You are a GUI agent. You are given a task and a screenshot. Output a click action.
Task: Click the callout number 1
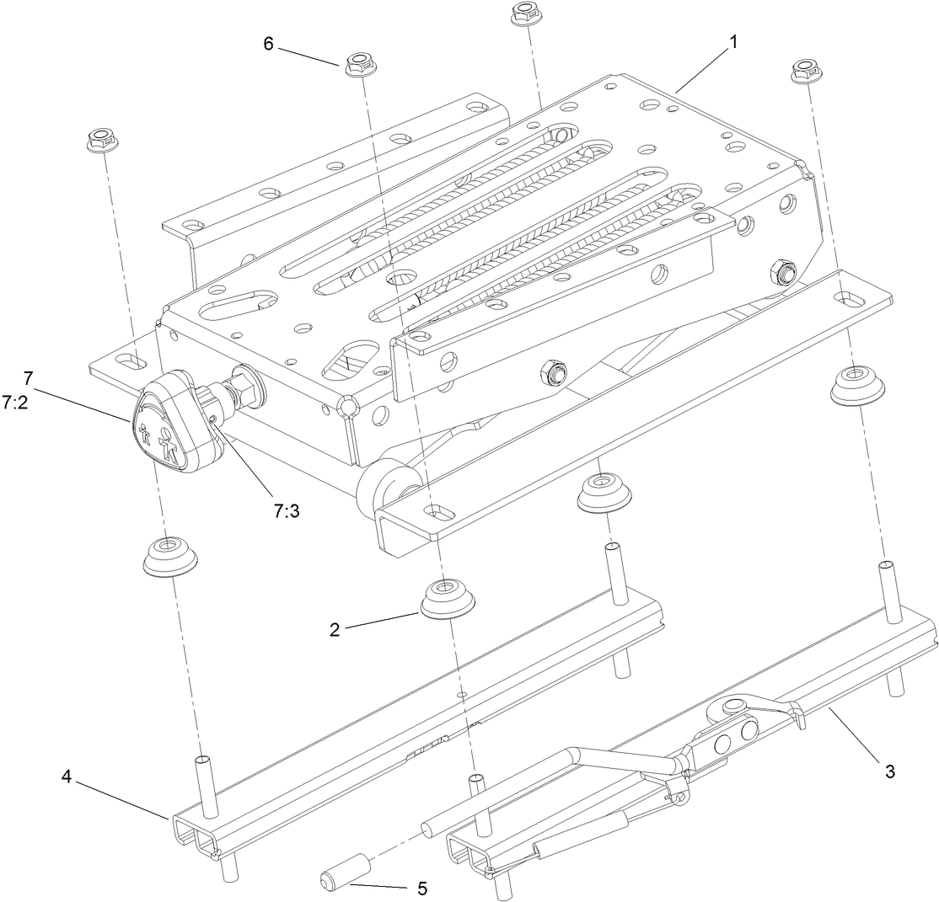732,42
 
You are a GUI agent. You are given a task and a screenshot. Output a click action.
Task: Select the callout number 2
335,630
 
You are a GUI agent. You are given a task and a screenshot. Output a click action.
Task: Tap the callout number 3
888,771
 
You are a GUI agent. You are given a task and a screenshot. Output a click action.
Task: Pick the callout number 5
421,888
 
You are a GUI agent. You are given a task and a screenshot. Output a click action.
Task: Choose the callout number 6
268,44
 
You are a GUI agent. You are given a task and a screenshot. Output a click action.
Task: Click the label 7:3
287,510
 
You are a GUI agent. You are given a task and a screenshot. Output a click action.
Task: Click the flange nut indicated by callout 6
358,65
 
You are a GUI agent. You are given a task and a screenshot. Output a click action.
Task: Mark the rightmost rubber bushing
857,384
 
